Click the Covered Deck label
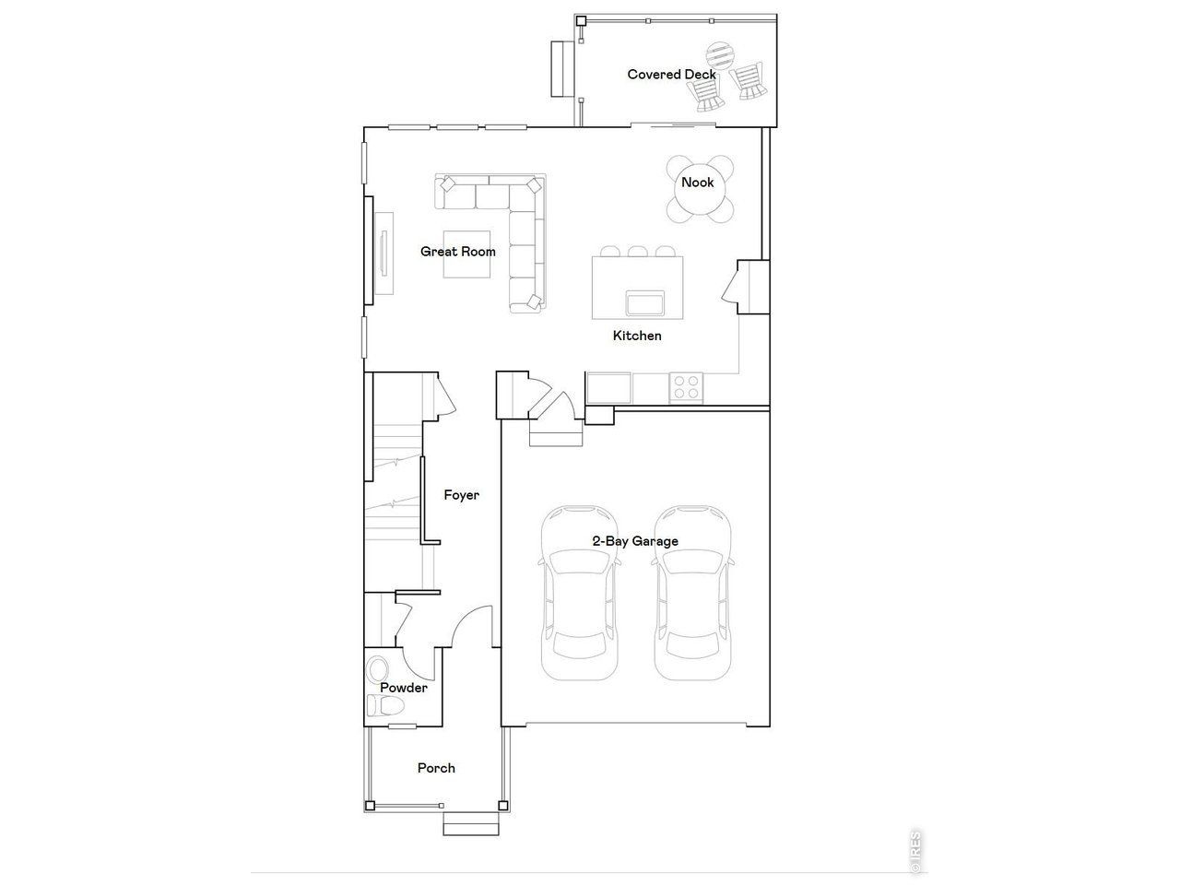click(x=670, y=75)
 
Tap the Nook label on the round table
click(x=697, y=183)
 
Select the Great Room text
click(x=457, y=252)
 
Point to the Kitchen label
click(x=637, y=336)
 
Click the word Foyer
click(x=461, y=495)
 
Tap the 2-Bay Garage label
click(x=634, y=541)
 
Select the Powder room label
click(x=404, y=688)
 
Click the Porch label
click(x=436, y=768)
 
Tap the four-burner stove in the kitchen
click(x=685, y=386)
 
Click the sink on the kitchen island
click(x=645, y=302)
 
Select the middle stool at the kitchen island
click(x=637, y=251)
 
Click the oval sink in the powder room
click(x=377, y=668)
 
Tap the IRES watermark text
click(x=915, y=850)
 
